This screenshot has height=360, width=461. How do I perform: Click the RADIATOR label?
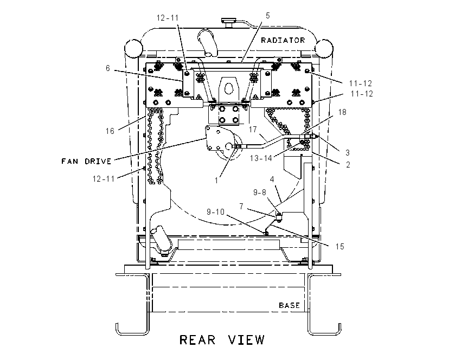click(x=283, y=40)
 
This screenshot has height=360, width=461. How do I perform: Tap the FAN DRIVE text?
click(x=86, y=161)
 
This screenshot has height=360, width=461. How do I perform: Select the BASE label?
click(x=289, y=305)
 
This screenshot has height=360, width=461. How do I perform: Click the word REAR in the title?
click(x=197, y=340)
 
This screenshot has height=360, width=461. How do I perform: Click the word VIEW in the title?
click(x=247, y=340)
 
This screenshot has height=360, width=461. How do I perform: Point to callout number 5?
click(x=267, y=16)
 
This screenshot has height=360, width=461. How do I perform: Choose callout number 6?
click(x=107, y=68)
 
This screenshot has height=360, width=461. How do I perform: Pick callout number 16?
click(x=110, y=131)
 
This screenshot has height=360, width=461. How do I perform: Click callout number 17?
click(x=253, y=129)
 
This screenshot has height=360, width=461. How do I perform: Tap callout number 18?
click(x=342, y=112)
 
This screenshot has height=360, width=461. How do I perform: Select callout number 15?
click(x=340, y=247)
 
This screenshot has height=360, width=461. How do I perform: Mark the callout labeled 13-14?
click(x=261, y=158)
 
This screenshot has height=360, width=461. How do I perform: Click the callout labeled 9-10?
click(x=215, y=212)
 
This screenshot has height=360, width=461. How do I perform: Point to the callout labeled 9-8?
click(x=260, y=192)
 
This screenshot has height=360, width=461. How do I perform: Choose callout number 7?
click(x=241, y=207)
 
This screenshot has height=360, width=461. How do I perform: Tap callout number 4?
click(x=272, y=179)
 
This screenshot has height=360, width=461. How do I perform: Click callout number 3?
click(x=348, y=153)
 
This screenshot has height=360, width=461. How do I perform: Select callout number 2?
click(x=348, y=165)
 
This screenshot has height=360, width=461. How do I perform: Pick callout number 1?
click(x=216, y=181)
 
